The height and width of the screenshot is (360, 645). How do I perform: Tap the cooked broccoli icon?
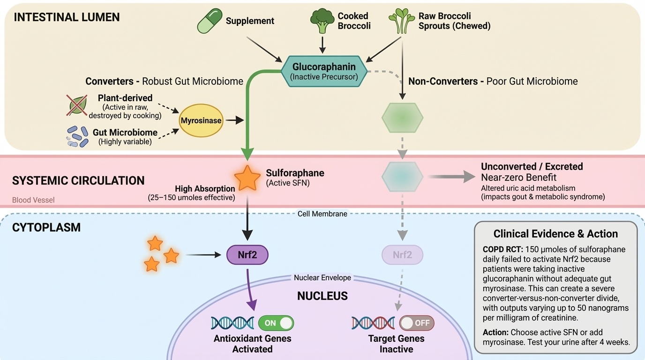pos(322,22)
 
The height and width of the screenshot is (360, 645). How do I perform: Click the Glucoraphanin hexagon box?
pos(324,71)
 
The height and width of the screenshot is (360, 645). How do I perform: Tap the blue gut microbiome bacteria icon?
pos(78,136)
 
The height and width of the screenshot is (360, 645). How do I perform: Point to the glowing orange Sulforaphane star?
pos(247,178)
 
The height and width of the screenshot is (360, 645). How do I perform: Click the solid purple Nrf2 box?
pos(247,255)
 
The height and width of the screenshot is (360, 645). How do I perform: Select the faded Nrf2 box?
pos(402,255)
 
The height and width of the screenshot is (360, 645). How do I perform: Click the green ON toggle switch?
pos(276,323)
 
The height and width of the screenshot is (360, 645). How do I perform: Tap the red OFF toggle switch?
pos(417,323)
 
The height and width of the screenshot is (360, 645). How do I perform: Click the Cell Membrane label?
pos(322,214)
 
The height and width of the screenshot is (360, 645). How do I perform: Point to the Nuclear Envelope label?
pos(322,277)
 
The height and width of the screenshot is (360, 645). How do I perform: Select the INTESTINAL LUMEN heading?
pos(67,17)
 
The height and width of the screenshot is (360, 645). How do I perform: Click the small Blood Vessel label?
pos(33,200)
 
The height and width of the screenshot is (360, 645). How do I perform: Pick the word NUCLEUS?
pos(322,296)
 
